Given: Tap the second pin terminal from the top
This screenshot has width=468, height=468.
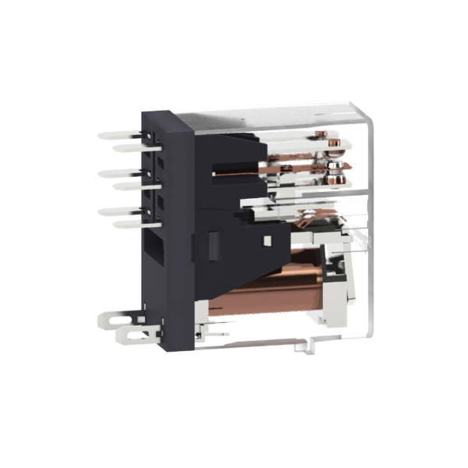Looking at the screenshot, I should tap(125, 146).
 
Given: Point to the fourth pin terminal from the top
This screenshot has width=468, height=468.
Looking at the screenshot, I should tap(125, 186).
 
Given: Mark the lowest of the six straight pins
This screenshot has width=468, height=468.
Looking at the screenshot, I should tap(125, 223).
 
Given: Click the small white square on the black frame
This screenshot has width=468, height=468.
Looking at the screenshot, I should tap(267, 239).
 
